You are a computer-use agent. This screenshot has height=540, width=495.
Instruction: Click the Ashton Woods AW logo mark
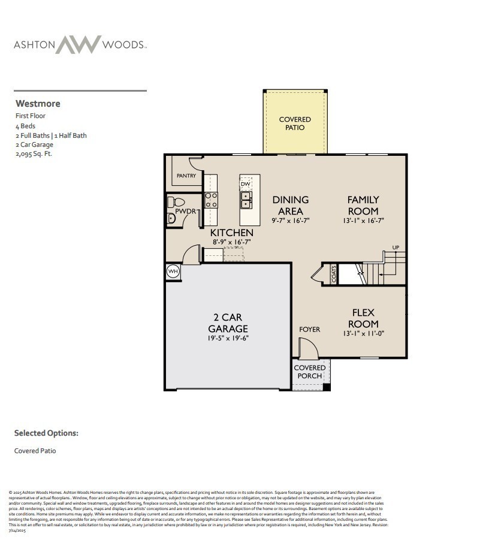pyautogui.click(x=79, y=45)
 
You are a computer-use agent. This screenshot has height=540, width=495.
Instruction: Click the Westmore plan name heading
pyautogui.click(x=38, y=104)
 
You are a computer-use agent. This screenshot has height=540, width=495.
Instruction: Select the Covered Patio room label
pyautogui.click(x=295, y=123)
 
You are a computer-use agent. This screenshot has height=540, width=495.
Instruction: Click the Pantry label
pyautogui.click(x=186, y=176)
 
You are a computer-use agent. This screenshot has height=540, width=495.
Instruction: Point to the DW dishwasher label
pyautogui.click(x=246, y=184)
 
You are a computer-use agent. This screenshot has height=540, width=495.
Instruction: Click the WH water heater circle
pyautogui.click(x=173, y=271)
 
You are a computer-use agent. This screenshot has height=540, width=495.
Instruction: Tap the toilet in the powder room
pyautogui.click(x=175, y=202)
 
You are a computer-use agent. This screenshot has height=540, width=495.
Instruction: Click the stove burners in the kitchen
pyautogui.click(x=211, y=200)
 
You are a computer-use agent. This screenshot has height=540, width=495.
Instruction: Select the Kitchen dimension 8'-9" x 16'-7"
pyautogui.click(x=231, y=242)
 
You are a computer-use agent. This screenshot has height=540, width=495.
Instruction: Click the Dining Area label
pyautogui.click(x=291, y=205)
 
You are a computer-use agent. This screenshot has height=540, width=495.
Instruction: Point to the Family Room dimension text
pyautogui.click(x=363, y=221)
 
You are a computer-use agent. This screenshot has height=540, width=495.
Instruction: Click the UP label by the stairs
pyautogui.click(x=396, y=248)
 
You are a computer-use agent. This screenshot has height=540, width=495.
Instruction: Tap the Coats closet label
pyautogui.click(x=334, y=274)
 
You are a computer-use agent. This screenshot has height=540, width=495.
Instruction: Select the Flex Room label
pyautogui.click(x=363, y=318)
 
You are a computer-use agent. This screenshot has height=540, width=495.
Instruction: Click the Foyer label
pyautogui.click(x=310, y=330)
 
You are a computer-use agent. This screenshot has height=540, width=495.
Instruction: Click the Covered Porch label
pyautogui.click(x=310, y=372)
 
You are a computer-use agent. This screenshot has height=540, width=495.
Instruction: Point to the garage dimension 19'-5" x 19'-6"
pyautogui.click(x=228, y=338)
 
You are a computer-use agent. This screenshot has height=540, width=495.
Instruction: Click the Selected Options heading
pyautogui.click(x=46, y=433)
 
